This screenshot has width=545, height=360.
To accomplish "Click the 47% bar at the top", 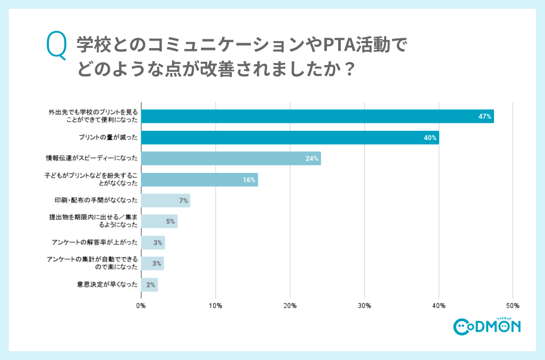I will [x=317, y=116].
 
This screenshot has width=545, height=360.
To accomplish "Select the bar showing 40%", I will [x=290, y=138].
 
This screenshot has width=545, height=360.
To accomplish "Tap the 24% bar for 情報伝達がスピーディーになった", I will [x=230, y=158].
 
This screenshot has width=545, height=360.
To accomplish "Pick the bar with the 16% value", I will [x=199, y=180].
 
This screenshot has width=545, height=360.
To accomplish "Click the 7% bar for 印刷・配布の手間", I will [x=165, y=200].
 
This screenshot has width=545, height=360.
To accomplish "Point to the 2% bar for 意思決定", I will [x=149, y=285].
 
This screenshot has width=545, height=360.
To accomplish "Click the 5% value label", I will [x=170, y=221].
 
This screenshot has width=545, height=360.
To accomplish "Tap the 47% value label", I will [x=485, y=117].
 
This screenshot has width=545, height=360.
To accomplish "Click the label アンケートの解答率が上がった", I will [x=95, y=242].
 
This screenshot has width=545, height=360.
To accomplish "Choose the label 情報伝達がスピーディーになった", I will [x=92, y=158].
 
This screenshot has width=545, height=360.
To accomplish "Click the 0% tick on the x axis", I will [x=141, y=306].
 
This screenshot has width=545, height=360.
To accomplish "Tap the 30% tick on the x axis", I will [x=364, y=306].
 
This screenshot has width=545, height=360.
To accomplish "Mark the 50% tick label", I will [x=513, y=306].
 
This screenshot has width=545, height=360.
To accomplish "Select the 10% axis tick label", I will [x=216, y=306].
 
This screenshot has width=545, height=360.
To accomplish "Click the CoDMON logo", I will [x=487, y=326].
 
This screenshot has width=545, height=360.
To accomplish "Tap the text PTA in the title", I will [x=339, y=46].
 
